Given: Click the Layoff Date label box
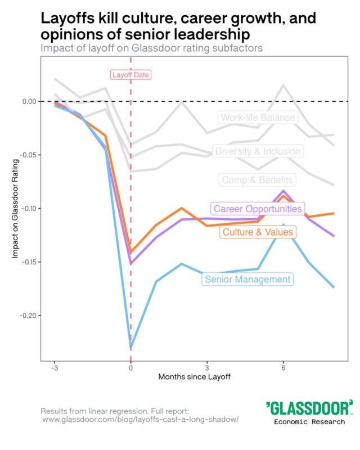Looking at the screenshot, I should [x=131, y=75].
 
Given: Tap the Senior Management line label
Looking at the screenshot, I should [x=247, y=279].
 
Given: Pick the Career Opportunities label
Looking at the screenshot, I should [x=258, y=209].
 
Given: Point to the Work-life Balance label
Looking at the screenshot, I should [x=258, y=118].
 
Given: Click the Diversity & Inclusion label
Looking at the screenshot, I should [x=258, y=151].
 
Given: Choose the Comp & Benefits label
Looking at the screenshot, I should [x=257, y=180].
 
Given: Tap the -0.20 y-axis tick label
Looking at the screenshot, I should [x=28, y=316].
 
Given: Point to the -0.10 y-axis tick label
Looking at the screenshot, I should [x=28, y=209].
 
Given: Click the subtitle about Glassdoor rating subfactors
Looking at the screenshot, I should [x=152, y=48].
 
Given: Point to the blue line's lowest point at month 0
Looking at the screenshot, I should [x=131, y=346].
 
